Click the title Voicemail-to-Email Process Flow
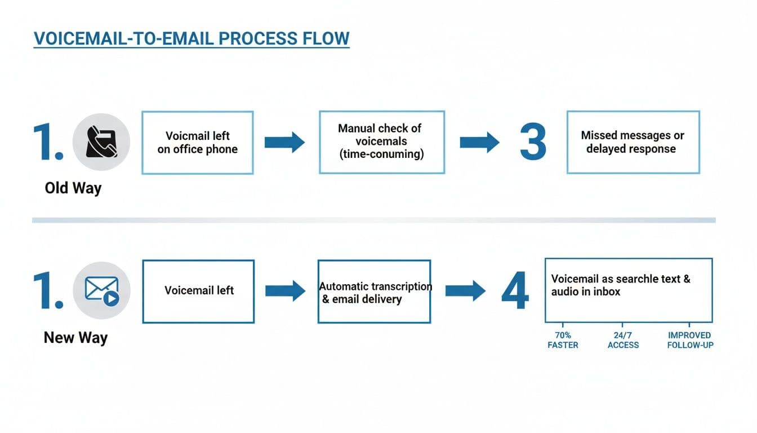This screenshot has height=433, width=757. tap(192, 38)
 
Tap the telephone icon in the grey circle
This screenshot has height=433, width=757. tap(101, 142)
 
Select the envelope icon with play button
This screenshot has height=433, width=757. tap(102, 290)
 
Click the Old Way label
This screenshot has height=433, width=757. tap(73, 188)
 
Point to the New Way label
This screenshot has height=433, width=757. tap(75, 338)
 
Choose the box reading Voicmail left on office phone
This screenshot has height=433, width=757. tap(197, 143)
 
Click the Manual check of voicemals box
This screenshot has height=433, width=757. tap(381, 142)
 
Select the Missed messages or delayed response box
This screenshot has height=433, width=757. tap(633, 142)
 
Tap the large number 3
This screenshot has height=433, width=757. tap(532, 142)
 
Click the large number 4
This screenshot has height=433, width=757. tap(515, 291)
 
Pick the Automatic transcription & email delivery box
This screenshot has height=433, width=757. tap(374, 291)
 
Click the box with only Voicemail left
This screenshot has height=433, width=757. tap(198, 291)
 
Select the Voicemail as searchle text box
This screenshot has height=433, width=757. tap(628, 290)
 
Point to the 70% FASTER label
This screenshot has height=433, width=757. tap(563, 340)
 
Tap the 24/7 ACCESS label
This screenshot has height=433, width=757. tap(623, 340)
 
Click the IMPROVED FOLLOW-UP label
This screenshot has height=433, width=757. tap(689, 340)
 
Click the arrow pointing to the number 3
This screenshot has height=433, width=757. tap(479, 142)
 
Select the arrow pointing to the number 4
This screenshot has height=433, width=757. tap(465, 291)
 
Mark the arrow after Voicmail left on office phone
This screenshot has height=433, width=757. tap(284, 142)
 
